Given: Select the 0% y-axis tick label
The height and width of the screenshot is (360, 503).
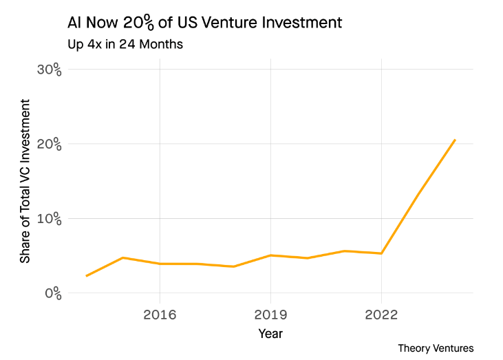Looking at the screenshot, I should (x=52, y=293).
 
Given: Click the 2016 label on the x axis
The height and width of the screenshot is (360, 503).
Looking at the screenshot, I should (x=160, y=315).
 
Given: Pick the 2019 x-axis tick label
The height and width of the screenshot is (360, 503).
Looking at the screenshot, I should (x=270, y=315).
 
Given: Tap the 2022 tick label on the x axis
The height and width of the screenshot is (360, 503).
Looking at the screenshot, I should (x=381, y=315).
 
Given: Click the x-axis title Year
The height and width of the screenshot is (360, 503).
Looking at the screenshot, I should (x=270, y=334).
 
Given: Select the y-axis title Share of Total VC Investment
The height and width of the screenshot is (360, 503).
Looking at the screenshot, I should (x=25, y=181).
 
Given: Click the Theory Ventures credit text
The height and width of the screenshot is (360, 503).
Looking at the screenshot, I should (x=436, y=348).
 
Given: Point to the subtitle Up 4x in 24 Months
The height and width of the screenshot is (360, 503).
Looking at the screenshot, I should (x=125, y=45).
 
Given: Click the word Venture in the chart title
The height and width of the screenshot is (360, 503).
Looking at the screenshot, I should (x=225, y=22).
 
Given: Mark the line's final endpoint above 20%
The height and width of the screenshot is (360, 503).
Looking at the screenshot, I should (x=455, y=140).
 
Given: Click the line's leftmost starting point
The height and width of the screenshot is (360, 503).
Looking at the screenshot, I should (x=86, y=276).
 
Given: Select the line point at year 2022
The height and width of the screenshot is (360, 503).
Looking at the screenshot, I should (x=381, y=253).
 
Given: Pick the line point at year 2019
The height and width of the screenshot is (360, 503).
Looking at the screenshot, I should (x=270, y=255).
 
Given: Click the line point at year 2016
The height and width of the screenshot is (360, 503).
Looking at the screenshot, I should (x=160, y=264).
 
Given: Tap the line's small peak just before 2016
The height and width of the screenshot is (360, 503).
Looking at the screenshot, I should (x=122, y=257).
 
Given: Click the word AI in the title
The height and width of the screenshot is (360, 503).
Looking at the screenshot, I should (x=75, y=22).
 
